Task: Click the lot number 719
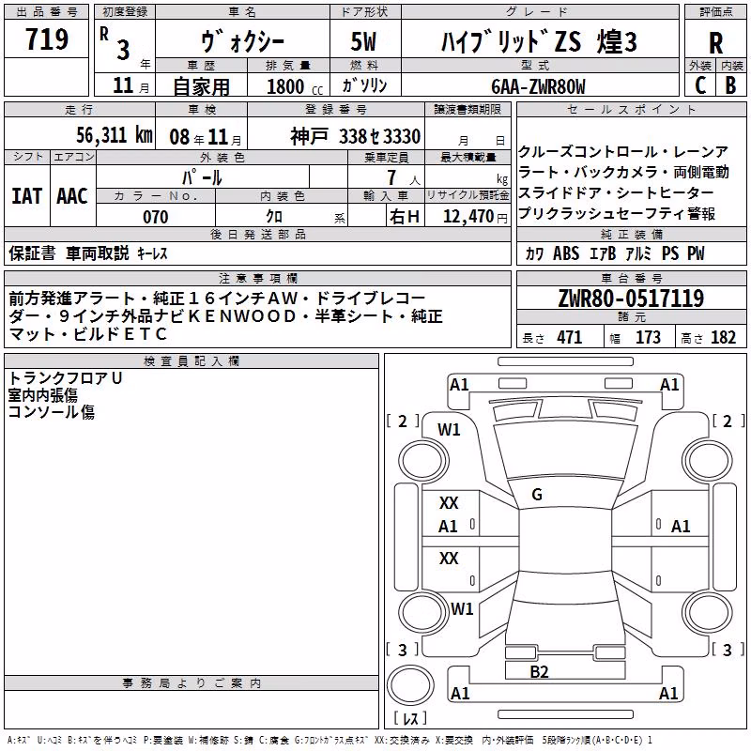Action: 46,39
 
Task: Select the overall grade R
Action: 715,43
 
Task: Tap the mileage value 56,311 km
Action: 115,135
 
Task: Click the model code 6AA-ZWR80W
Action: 538,86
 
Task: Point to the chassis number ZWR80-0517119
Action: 631,299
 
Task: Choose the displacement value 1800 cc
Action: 295,86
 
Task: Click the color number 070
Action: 156,217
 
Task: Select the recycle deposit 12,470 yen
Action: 475,217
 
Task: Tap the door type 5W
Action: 363,41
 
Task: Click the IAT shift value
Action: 27,196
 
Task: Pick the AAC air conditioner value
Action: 72,196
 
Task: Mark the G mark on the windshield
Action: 537,495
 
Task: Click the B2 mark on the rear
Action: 539,672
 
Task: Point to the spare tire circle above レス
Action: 410,685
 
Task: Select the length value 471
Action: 570,337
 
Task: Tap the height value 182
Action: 723,337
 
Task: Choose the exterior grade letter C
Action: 700,85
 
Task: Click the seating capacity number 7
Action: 391,177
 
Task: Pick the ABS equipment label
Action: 566,253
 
